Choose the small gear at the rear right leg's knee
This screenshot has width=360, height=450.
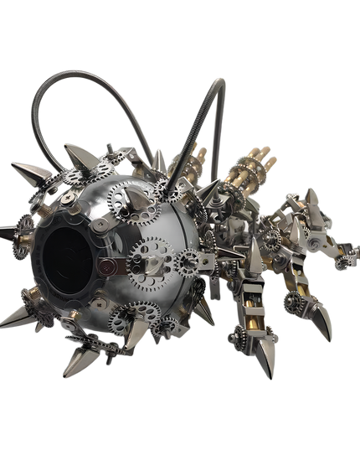(x=292, y=297)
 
